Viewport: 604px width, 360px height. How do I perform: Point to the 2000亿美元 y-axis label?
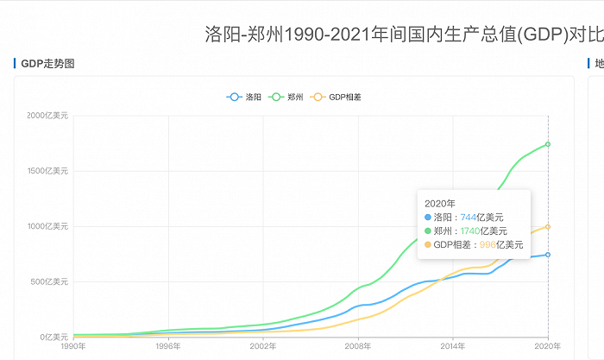48,117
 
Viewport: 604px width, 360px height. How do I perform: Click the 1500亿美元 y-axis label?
48,171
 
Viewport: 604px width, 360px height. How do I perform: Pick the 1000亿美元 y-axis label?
48,226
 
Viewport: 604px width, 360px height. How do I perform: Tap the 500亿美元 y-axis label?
51,281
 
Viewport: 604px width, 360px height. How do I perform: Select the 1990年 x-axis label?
73,347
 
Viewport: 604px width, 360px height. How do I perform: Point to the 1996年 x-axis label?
168,347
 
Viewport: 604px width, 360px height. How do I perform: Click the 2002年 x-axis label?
263,347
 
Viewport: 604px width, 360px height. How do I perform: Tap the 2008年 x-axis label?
358,347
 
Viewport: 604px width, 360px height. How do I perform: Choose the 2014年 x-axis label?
453,347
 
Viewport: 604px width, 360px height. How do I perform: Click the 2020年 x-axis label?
548,347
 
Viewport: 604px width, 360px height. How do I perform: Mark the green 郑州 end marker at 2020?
548,144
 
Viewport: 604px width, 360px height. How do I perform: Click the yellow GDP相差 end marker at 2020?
548,227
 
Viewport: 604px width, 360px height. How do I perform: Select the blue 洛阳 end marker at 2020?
548,255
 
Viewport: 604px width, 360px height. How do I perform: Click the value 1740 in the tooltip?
470,231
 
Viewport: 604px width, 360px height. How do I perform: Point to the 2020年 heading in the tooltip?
440,204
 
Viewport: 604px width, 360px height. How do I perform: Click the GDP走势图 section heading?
48,63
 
